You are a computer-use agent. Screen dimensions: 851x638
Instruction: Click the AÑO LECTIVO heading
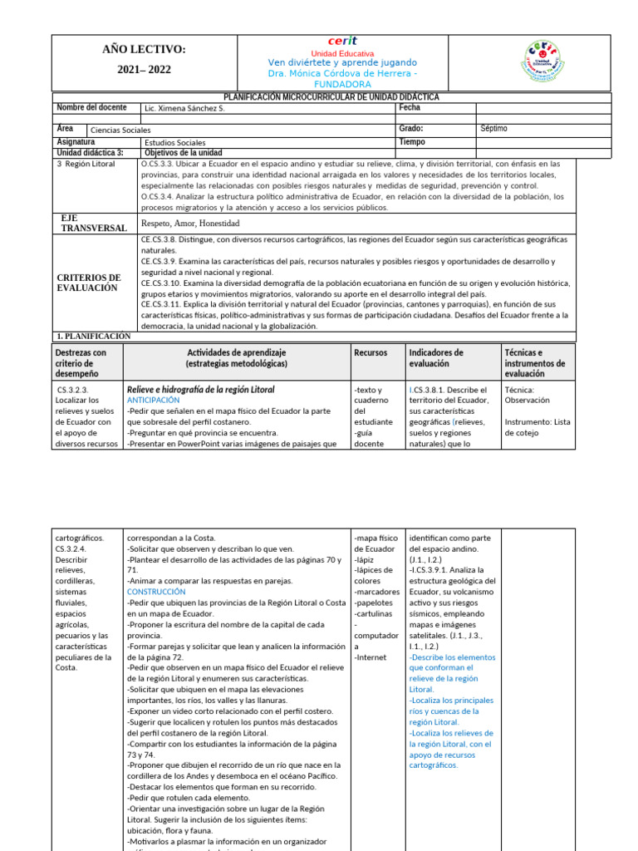pyautogui.click(x=144, y=50)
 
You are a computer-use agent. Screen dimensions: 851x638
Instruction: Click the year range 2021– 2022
pyautogui.click(x=144, y=70)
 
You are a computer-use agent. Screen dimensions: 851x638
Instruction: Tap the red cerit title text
pyautogui.click(x=342, y=41)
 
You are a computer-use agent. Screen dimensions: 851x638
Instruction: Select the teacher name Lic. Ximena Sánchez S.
pyautogui.click(x=184, y=109)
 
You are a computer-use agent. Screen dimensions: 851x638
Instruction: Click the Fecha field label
pyautogui.click(x=410, y=108)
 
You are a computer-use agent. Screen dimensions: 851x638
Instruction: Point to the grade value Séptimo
pyautogui.click(x=493, y=130)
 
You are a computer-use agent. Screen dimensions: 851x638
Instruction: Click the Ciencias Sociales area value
pyautogui.click(x=120, y=130)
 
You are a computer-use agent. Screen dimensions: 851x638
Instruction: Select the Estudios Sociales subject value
pyautogui.click(x=174, y=142)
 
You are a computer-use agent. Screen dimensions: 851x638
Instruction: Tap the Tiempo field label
pyautogui.click(x=412, y=142)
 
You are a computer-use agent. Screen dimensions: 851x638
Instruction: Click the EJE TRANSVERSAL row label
pyautogui.click(x=94, y=223)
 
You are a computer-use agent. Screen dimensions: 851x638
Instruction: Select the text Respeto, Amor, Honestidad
pyautogui.click(x=190, y=224)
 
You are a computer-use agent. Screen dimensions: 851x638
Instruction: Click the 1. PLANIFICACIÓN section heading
pyautogui.click(x=93, y=336)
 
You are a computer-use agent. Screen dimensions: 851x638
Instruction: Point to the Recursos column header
pyautogui.click(x=371, y=353)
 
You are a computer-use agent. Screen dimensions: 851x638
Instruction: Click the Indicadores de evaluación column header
pyautogui.click(x=436, y=358)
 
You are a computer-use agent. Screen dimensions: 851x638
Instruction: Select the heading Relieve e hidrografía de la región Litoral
pyautogui.click(x=200, y=389)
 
